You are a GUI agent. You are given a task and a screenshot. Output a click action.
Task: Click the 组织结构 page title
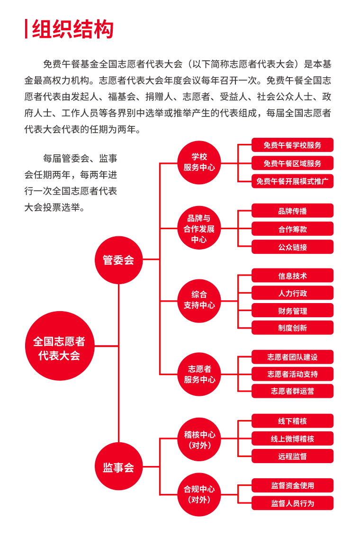click(x=72, y=29)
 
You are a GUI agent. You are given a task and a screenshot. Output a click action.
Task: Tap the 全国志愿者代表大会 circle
click(x=60, y=346)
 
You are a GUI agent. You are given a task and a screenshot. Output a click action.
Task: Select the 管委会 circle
click(x=118, y=260)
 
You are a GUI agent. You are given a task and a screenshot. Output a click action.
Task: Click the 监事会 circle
click(x=118, y=466)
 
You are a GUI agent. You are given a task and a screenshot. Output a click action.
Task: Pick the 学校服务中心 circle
click(x=199, y=163)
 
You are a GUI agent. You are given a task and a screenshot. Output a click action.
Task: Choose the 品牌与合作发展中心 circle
click(x=199, y=228)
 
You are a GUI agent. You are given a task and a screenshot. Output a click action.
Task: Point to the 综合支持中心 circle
click(x=199, y=301)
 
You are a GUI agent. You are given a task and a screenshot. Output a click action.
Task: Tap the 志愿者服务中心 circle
click(x=199, y=374)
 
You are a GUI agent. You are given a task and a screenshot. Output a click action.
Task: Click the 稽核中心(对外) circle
click(x=199, y=439)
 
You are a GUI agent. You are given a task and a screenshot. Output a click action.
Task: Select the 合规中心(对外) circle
click(x=199, y=494)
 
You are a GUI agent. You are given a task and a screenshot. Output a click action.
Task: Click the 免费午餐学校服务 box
click(x=293, y=145)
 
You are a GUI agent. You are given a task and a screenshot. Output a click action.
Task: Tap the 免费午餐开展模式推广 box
click(x=293, y=181)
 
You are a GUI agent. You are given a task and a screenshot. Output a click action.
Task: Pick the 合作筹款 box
click(x=293, y=229)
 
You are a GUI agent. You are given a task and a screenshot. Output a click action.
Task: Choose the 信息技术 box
click(x=293, y=275)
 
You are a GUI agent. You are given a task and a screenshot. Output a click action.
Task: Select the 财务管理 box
click(x=293, y=310)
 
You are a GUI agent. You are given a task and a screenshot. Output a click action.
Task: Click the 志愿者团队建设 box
click(x=293, y=357)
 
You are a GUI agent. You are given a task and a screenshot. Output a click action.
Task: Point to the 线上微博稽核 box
click(x=293, y=439)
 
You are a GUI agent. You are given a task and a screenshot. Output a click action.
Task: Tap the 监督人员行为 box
click(x=293, y=503)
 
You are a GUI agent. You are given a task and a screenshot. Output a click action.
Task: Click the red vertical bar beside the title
click(x=26, y=29)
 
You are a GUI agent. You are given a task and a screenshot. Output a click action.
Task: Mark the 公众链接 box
click(x=293, y=247)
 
